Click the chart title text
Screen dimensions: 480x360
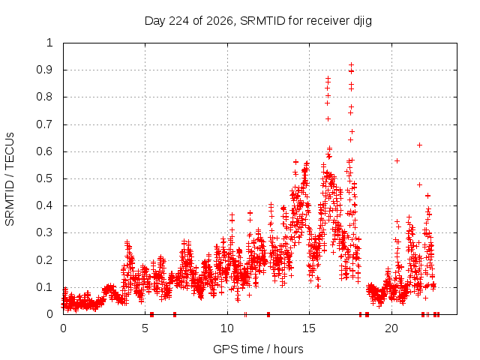258,21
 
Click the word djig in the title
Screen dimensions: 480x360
362,22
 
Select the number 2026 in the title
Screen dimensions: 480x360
220,21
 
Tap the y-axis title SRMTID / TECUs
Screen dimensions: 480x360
10,179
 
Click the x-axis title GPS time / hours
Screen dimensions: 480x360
258,349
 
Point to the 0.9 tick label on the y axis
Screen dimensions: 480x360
44,70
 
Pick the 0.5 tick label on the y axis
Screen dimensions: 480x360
44,178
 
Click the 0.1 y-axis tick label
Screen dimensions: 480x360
44,287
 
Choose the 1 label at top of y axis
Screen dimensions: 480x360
49,43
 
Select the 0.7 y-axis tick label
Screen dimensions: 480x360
44,124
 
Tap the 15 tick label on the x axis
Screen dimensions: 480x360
309,328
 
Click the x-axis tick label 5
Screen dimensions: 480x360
145,328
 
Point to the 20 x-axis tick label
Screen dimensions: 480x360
391,328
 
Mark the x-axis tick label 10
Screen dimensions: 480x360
227,328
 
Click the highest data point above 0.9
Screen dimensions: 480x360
352,65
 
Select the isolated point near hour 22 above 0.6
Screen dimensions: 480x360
420,145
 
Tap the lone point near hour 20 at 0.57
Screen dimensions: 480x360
397,160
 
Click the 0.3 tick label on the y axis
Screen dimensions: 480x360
44,232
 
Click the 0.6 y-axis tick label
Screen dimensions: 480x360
44,151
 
